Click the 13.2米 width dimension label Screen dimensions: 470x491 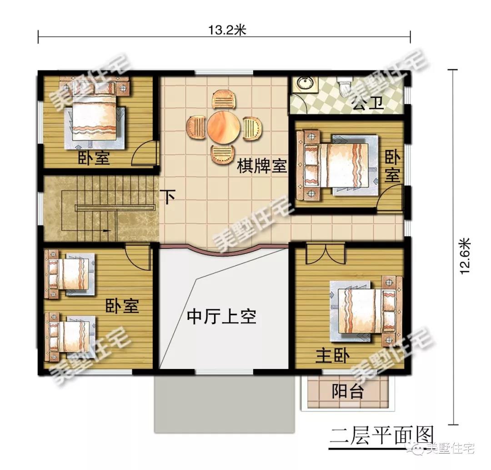pos(227,30)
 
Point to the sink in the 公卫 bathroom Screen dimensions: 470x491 pos(302,84)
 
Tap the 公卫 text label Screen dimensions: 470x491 pos(368,105)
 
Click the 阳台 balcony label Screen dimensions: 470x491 pos(348,391)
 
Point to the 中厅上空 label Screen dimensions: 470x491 pos(221,317)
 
